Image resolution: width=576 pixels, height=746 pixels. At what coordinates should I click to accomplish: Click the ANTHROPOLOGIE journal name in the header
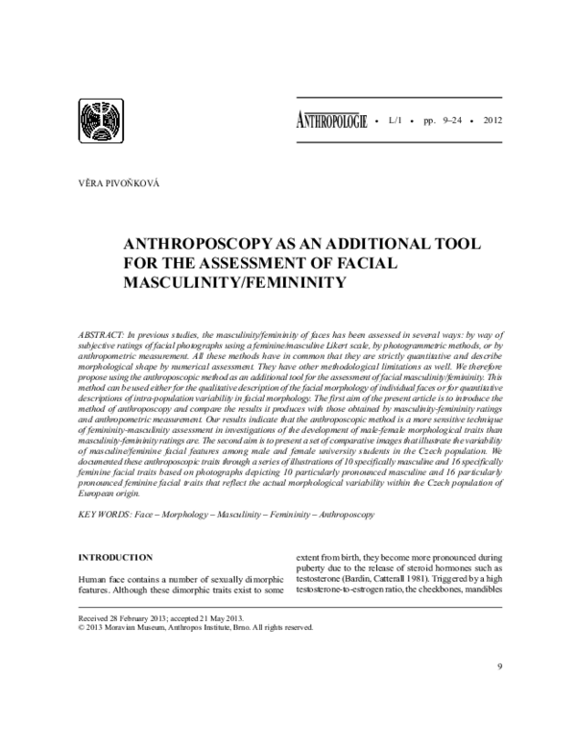pos(326,123)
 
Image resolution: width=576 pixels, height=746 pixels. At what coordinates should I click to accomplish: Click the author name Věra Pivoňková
pos(114,181)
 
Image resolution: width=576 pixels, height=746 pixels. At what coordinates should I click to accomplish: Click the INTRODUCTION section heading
pos(114,557)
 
